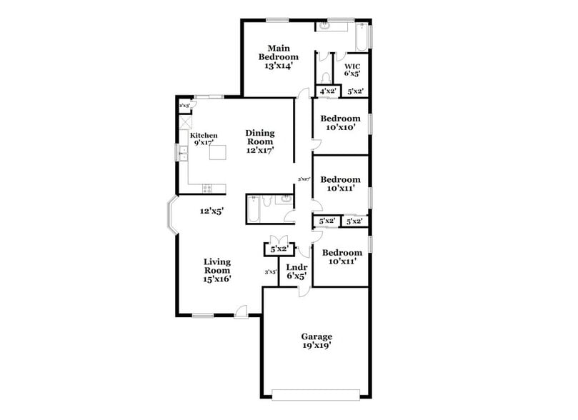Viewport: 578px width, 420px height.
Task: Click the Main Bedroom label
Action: (x=279, y=56)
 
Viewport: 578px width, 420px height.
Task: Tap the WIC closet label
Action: (x=352, y=69)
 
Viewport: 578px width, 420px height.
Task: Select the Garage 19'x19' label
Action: (x=315, y=340)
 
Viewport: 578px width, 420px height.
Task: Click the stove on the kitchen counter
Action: (x=207, y=189)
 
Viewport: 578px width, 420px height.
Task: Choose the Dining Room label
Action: (x=260, y=141)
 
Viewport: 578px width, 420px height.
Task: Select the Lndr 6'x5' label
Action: (x=297, y=271)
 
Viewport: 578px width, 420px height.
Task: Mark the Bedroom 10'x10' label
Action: (x=340, y=122)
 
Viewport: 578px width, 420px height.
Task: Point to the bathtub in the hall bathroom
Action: (x=254, y=210)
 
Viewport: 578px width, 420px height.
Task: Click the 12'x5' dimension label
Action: (x=212, y=211)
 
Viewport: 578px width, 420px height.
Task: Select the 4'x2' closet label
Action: (x=328, y=91)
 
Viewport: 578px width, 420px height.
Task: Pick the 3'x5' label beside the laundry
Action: (x=271, y=271)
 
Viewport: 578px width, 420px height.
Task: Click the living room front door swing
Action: (x=241, y=310)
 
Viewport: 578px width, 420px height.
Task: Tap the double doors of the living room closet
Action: (x=279, y=241)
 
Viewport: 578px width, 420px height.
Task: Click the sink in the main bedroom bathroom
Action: (x=324, y=27)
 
